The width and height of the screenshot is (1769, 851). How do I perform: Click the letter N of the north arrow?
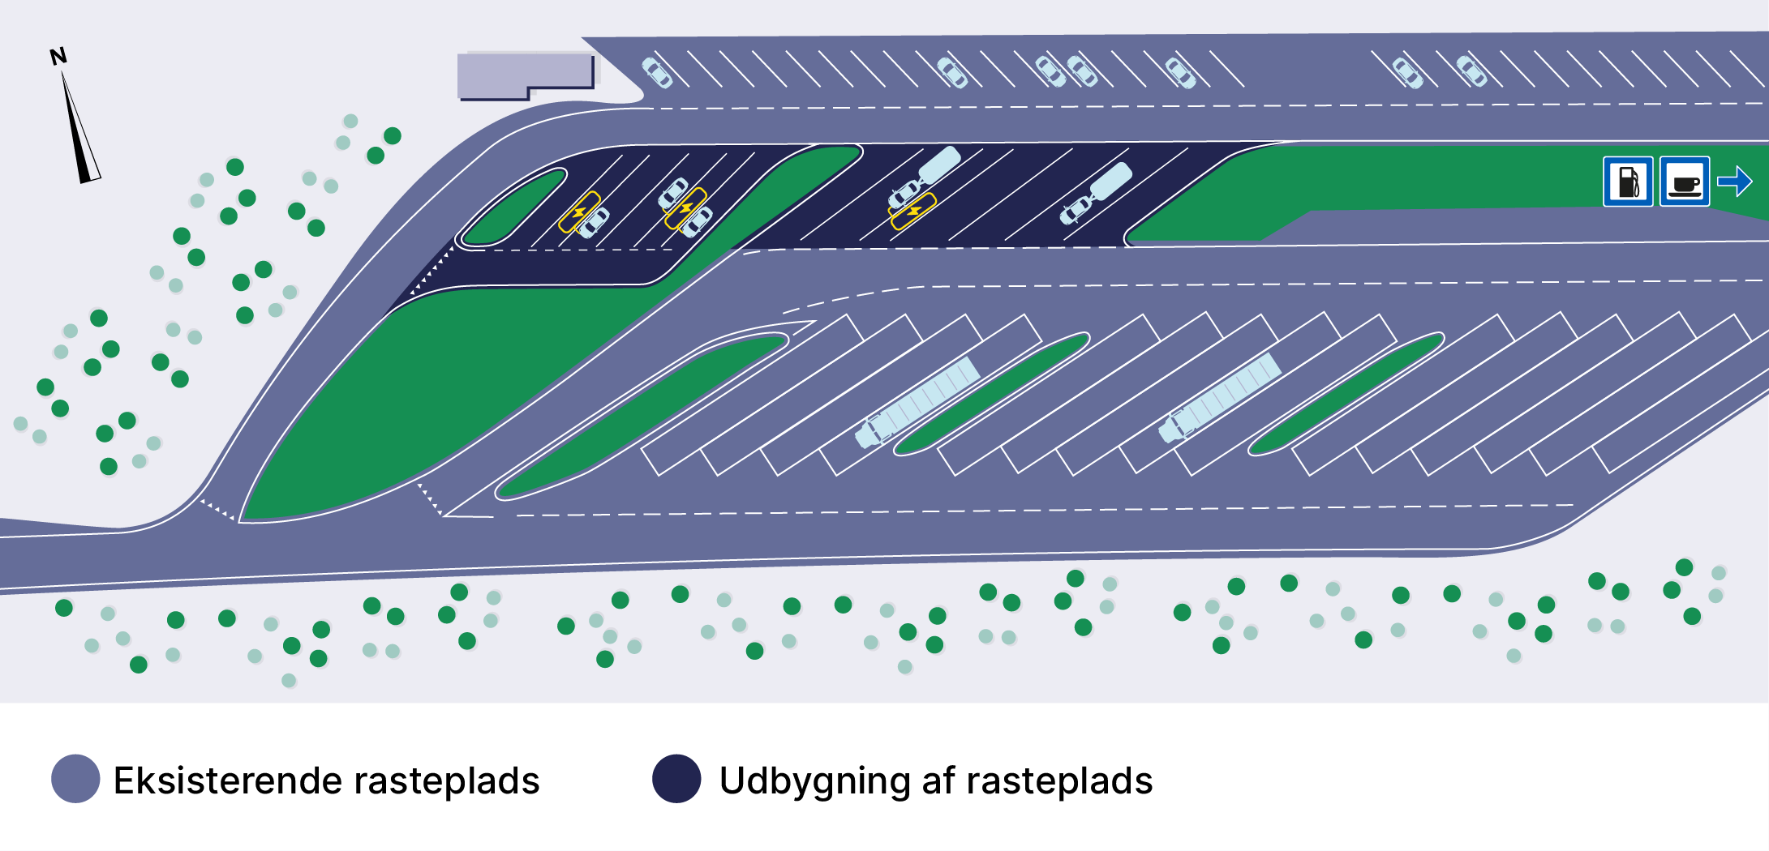(x=58, y=57)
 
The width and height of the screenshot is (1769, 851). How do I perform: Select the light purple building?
(x=523, y=74)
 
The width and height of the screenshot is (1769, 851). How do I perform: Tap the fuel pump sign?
(x=1628, y=182)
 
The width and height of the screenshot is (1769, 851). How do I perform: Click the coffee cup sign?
(x=1685, y=182)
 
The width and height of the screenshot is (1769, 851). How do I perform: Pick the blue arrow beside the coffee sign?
(x=1735, y=181)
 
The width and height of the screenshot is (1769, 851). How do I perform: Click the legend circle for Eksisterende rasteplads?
(x=75, y=779)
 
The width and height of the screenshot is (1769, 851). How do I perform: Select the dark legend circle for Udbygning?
(x=676, y=779)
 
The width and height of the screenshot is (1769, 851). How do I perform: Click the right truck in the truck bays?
(x=1221, y=397)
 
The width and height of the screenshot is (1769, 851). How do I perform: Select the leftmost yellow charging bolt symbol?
(x=579, y=212)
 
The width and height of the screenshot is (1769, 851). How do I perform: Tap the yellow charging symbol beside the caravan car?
(x=913, y=211)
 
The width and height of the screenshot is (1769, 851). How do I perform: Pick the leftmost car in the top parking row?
(x=657, y=72)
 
